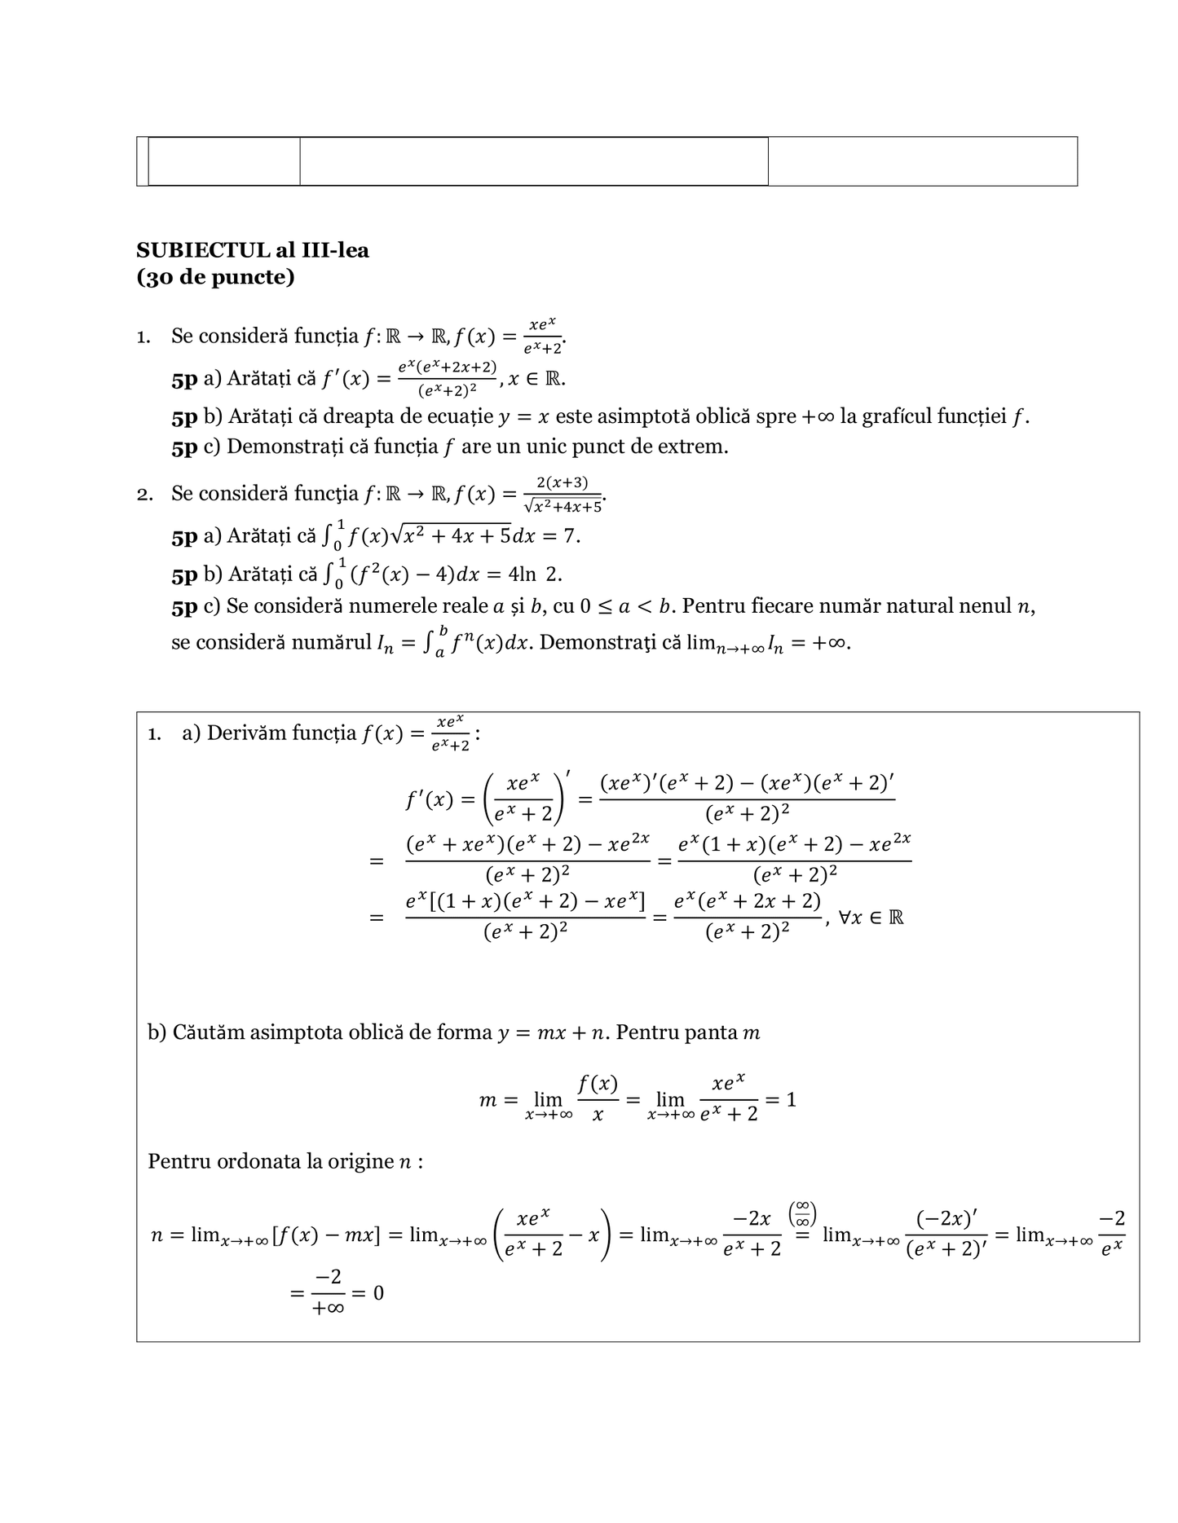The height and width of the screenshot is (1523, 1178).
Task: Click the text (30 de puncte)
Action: click(215, 278)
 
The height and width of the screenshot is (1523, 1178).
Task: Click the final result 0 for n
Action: click(378, 1293)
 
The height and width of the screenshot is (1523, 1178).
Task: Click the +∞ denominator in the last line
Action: click(328, 1308)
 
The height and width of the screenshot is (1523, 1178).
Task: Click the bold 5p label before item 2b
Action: click(184, 574)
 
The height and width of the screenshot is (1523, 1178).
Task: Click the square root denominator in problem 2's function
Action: click(563, 507)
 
